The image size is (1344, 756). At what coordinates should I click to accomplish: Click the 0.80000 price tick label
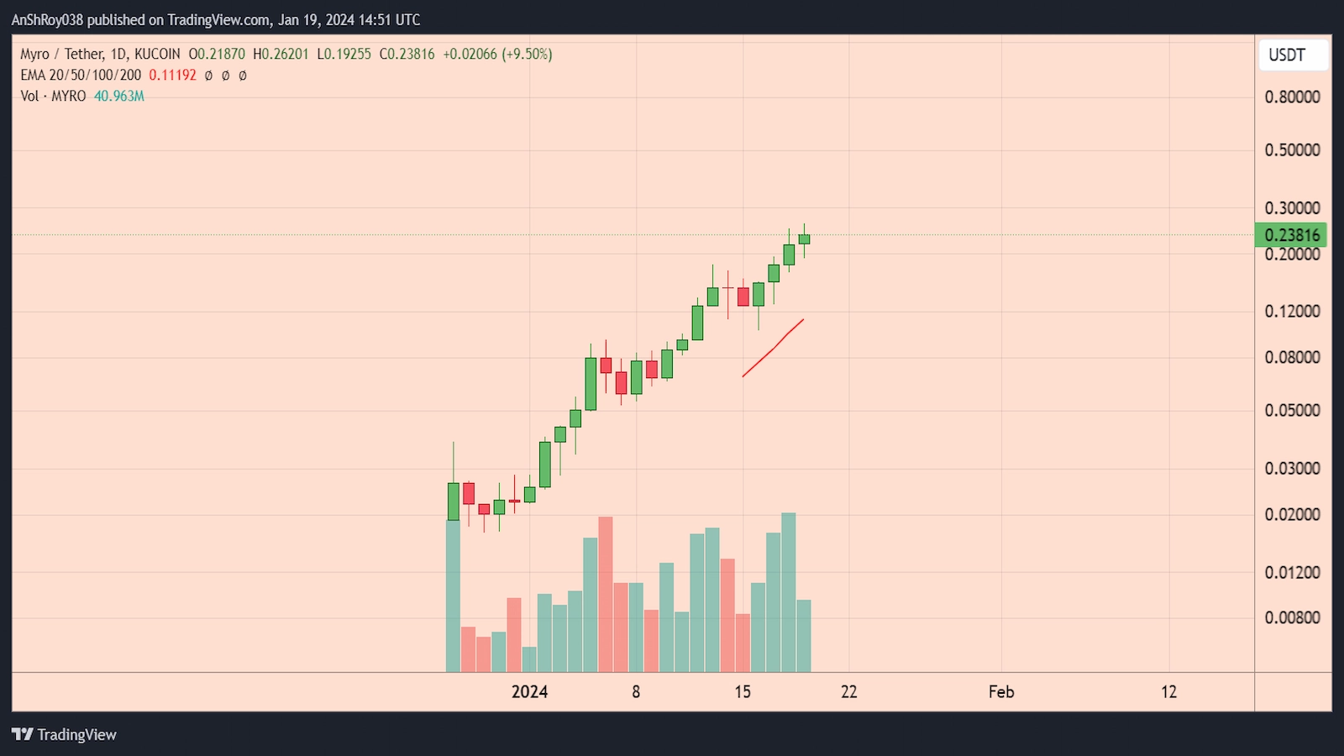[x=1292, y=97]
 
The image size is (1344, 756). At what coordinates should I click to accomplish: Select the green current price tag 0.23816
[x=1290, y=235]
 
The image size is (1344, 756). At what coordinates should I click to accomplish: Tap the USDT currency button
[x=1287, y=55]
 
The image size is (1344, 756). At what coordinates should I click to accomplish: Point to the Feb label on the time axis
[x=1001, y=692]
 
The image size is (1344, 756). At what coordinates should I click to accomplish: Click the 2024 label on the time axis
[x=529, y=692]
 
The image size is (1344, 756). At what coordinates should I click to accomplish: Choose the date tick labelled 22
[x=849, y=692]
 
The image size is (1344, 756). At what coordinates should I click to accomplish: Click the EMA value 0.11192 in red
[x=172, y=76]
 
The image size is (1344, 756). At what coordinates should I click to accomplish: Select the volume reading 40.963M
[x=119, y=97]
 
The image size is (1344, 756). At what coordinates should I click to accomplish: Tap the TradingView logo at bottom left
[x=64, y=734]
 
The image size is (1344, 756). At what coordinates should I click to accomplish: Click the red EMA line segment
[x=773, y=349]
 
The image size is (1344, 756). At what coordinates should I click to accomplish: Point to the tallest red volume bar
[x=606, y=595]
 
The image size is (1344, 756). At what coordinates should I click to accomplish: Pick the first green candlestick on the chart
[x=454, y=501]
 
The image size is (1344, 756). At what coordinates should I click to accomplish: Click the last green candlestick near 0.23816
[x=804, y=239]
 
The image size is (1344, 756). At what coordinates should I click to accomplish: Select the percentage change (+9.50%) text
[x=527, y=55]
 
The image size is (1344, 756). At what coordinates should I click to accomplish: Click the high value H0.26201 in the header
[x=281, y=55]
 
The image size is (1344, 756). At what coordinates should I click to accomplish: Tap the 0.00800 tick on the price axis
[x=1292, y=618]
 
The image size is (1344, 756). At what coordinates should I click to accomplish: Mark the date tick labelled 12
[x=1169, y=692]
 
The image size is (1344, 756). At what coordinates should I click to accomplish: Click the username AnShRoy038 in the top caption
[x=47, y=19]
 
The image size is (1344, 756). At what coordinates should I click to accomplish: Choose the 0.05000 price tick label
[x=1292, y=411]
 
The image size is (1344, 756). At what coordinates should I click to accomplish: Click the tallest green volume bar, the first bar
[x=454, y=596]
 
